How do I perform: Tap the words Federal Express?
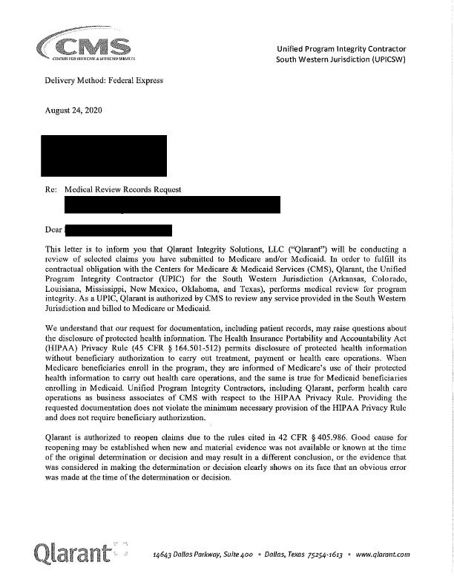136,80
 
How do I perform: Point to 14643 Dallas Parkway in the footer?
192,555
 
